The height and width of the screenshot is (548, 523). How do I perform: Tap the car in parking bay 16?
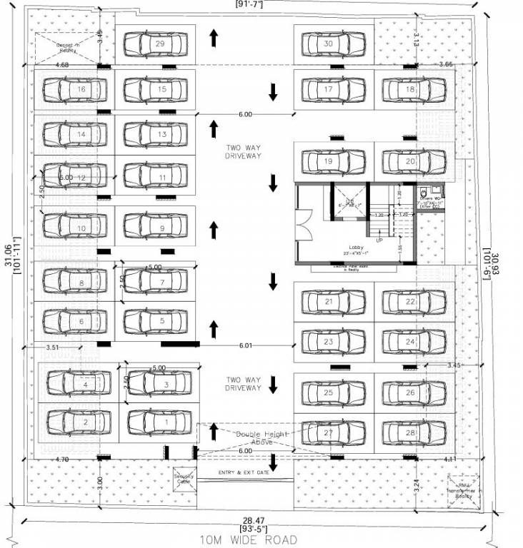pos(75,90)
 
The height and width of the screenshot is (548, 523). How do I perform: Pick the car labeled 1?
pos(159,422)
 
